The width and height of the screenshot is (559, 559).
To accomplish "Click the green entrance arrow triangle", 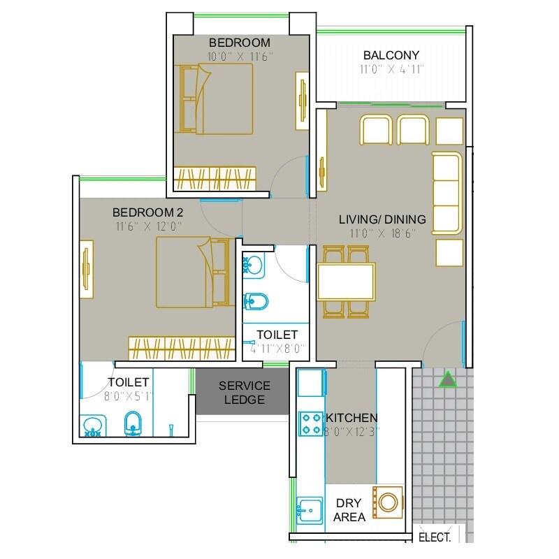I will pos(447,379).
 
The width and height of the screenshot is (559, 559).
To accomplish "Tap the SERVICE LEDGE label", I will pos(245,393).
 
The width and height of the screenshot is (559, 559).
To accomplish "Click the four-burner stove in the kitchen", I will pos(310,423).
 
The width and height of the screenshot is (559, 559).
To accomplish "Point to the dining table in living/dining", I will pos(346,281).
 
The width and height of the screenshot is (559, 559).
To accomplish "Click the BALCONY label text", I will pos(391,55).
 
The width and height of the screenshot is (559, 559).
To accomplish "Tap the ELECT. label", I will pos(433,537).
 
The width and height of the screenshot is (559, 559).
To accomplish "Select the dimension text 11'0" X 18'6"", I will pos(382,233).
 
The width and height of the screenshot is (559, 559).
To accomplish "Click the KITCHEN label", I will pos(351,417).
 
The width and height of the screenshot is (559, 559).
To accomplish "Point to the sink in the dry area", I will pos(308,509).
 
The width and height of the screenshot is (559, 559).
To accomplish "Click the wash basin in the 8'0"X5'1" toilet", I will pos(94,426).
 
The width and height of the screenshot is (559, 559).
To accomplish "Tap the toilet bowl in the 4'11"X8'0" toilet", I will pos(256,301).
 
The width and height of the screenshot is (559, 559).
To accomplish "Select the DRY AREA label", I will pos(349,510).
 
